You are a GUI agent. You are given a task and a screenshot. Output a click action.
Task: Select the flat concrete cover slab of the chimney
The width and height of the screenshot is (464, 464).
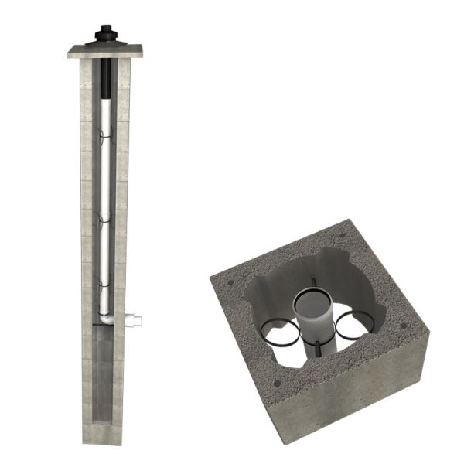pos(105,52)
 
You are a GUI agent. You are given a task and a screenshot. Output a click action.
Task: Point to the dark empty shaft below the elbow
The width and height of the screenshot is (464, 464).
pos(103,371)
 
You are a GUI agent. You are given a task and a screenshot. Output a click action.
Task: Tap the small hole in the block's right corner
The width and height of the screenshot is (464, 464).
pos(404,325)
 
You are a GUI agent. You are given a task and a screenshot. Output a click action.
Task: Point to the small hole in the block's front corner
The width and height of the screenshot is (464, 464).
pos(276,381)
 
